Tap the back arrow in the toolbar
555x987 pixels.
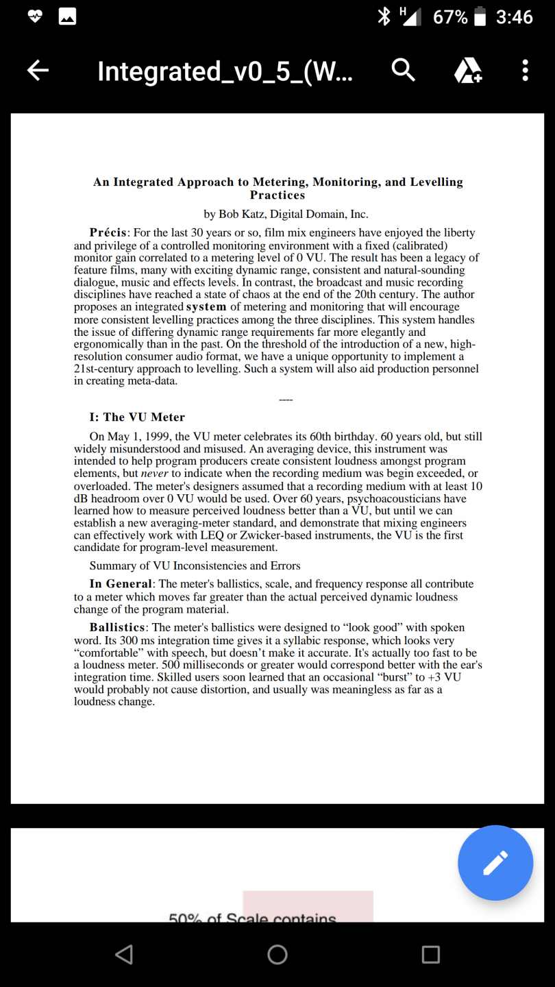click(x=38, y=70)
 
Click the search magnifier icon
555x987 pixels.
click(x=403, y=70)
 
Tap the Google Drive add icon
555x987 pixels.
click(x=469, y=70)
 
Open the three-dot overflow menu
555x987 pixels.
click(x=525, y=70)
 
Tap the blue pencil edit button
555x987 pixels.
click(x=495, y=862)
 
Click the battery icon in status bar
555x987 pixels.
click(x=480, y=16)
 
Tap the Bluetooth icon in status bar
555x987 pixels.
click(x=384, y=16)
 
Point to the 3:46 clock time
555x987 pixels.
click(x=514, y=16)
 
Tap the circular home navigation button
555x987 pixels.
click(x=277, y=954)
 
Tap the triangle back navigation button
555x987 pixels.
click(x=124, y=954)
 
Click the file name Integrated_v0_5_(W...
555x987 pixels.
click(x=225, y=71)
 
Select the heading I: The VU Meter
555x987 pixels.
click(x=137, y=417)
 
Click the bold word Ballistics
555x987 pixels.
click(x=117, y=627)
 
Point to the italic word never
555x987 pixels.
click(x=154, y=474)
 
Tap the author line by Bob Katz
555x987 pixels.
click(x=286, y=214)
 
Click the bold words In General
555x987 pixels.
click(x=121, y=584)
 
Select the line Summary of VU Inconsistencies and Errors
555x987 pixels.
click(x=195, y=565)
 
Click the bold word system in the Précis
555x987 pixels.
click(x=206, y=307)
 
